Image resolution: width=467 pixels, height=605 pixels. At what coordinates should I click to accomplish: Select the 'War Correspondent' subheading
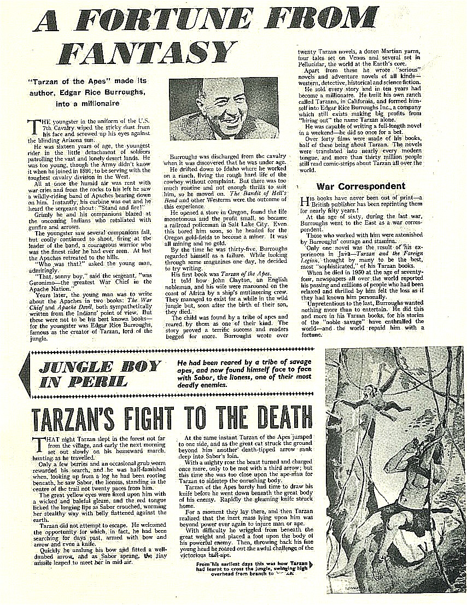361,186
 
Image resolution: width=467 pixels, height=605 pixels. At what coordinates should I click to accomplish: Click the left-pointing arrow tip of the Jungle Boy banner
22,373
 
